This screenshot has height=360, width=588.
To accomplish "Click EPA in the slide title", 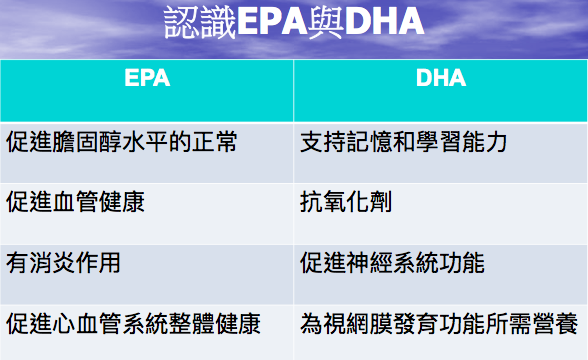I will click(276, 23).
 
